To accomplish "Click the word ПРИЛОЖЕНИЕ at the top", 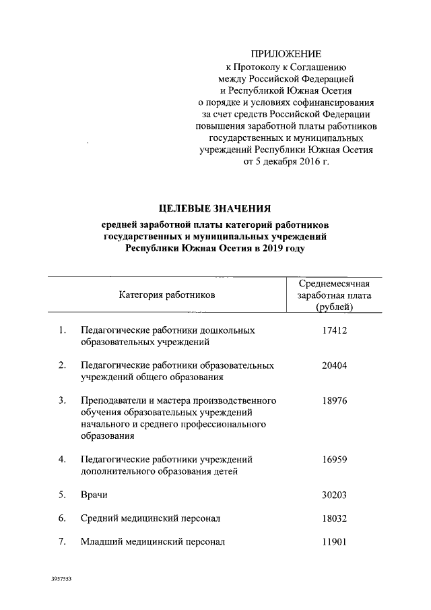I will click(286, 53).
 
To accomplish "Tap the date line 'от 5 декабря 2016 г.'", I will click(286, 162).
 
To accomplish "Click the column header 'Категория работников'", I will click(168, 295).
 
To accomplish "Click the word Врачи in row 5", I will click(94, 495).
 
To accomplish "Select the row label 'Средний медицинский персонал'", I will click(150, 518).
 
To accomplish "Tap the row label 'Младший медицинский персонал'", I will click(152, 541).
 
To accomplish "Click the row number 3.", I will click(61, 400).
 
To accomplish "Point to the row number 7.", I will click(61, 541).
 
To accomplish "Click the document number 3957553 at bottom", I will click(61, 579).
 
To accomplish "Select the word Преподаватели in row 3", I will click(112, 400).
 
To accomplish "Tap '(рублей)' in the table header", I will click(335, 307).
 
